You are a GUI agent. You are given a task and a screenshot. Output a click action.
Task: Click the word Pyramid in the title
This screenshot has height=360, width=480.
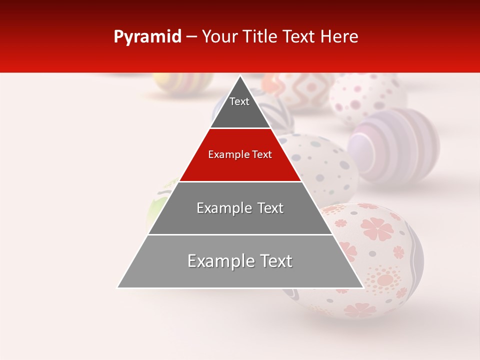click(147, 37)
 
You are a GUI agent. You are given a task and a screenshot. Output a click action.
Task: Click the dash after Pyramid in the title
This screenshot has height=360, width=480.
click(191, 37)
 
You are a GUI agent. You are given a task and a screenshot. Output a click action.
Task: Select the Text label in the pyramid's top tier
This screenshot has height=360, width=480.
click(239, 101)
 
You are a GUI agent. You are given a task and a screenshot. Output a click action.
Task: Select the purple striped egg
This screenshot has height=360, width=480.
click(395, 145)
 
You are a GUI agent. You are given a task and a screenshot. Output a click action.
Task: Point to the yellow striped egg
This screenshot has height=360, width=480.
click(182, 82)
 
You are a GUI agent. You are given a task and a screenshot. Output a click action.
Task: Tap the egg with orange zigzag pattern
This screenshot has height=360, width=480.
click(300, 90)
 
